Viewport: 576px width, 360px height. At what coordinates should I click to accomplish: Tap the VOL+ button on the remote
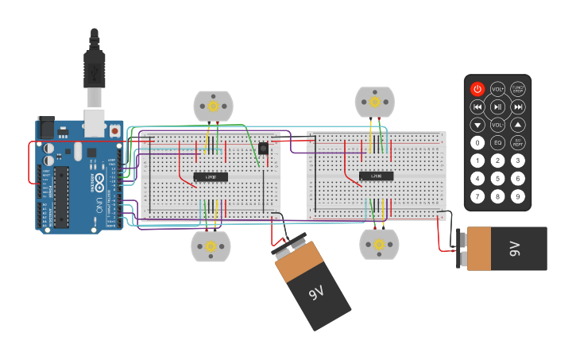coord(497,89)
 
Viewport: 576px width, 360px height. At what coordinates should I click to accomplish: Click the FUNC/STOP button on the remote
coord(518,89)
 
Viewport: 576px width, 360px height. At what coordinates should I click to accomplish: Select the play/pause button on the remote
coord(497,106)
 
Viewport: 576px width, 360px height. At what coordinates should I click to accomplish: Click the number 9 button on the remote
coord(518,195)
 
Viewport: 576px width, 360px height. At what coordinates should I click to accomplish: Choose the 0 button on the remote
coord(477,143)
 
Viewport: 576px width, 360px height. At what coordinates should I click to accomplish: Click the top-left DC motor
coord(213,106)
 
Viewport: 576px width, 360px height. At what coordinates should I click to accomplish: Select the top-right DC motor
coord(374,102)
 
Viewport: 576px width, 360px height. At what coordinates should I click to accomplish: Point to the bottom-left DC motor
coord(211,246)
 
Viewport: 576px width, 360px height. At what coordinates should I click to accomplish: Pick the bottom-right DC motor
coord(379,244)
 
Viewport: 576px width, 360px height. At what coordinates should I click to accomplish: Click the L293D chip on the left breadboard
coord(211,176)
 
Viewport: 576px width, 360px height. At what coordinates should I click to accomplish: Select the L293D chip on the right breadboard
coord(376,176)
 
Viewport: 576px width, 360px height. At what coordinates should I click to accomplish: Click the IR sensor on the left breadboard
coord(263,148)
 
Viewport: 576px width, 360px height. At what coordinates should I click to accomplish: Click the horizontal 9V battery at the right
coord(505,249)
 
